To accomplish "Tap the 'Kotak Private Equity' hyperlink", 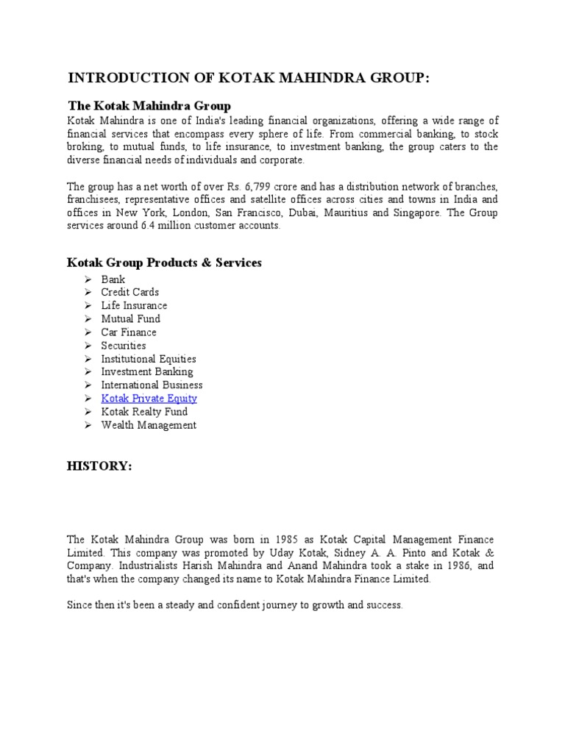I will tap(149, 399).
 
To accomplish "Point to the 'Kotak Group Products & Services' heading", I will tap(164, 263).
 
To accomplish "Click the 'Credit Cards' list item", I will tap(129, 292).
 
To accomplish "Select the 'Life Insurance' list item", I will tap(134, 305).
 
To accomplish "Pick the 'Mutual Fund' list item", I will tap(130, 318).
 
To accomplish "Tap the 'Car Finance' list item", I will tap(129, 332).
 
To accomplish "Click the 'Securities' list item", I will tap(124, 346).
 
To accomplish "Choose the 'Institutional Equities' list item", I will tap(149, 359).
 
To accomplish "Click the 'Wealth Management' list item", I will tap(149, 425).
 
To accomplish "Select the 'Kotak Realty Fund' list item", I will tap(144, 412).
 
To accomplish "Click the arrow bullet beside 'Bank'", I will tap(87, 279).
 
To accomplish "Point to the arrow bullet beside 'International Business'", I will tap(87, 385).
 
